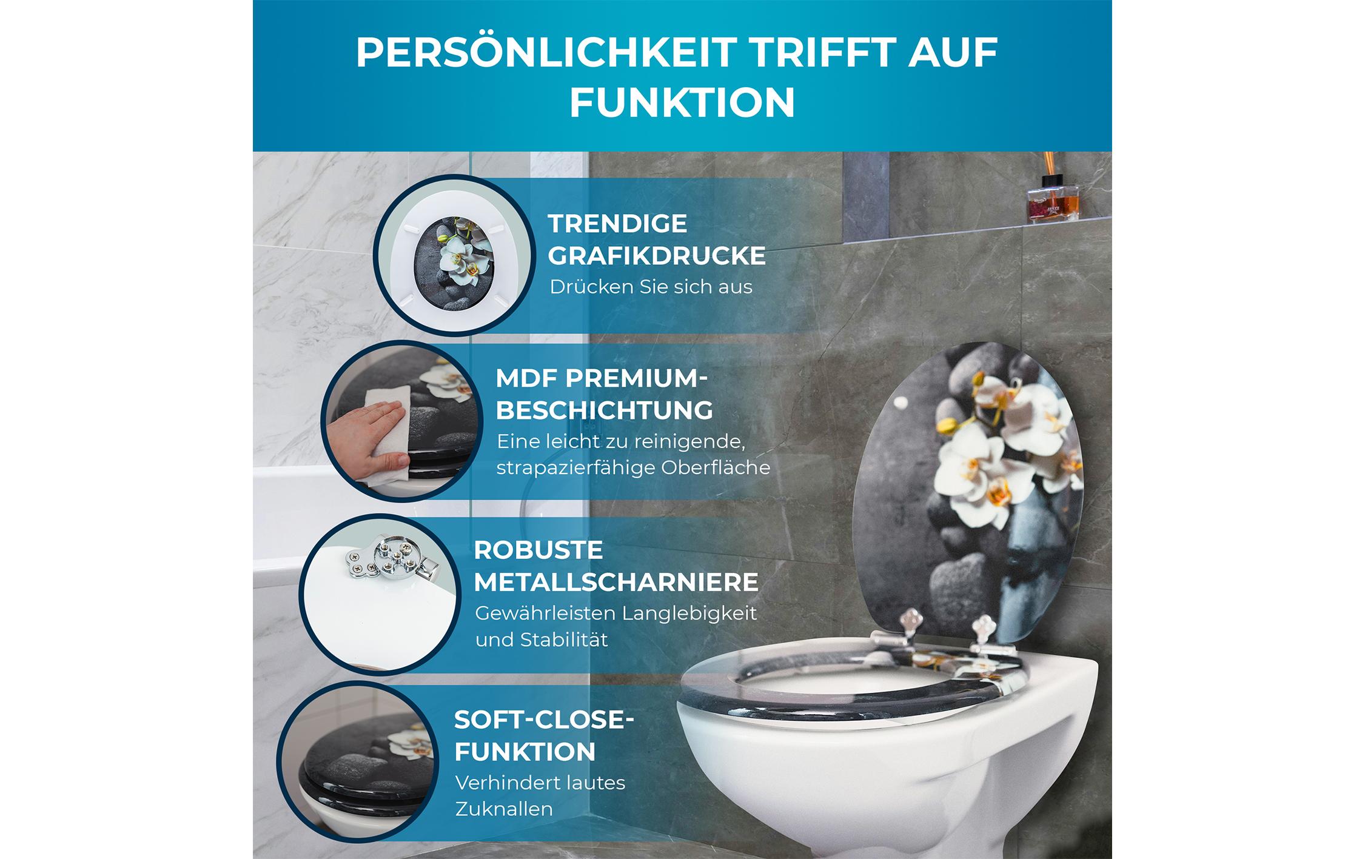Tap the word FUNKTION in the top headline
682,102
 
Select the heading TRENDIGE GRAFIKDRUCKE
656,239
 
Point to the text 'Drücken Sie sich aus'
651,287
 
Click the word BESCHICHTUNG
605,410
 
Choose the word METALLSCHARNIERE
615,583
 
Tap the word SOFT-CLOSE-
543,720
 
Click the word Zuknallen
504,809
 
